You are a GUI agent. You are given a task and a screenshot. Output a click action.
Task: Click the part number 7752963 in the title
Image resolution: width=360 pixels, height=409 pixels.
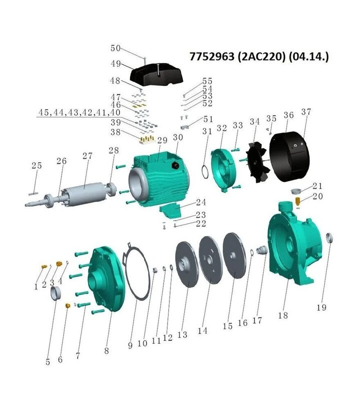212,56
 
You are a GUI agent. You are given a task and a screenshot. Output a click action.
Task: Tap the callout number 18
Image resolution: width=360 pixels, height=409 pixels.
282,315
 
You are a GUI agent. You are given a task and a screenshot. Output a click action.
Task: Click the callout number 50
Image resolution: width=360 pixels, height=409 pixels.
115,48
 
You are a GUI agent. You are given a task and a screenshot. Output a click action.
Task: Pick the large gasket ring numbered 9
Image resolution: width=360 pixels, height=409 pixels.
136,271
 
